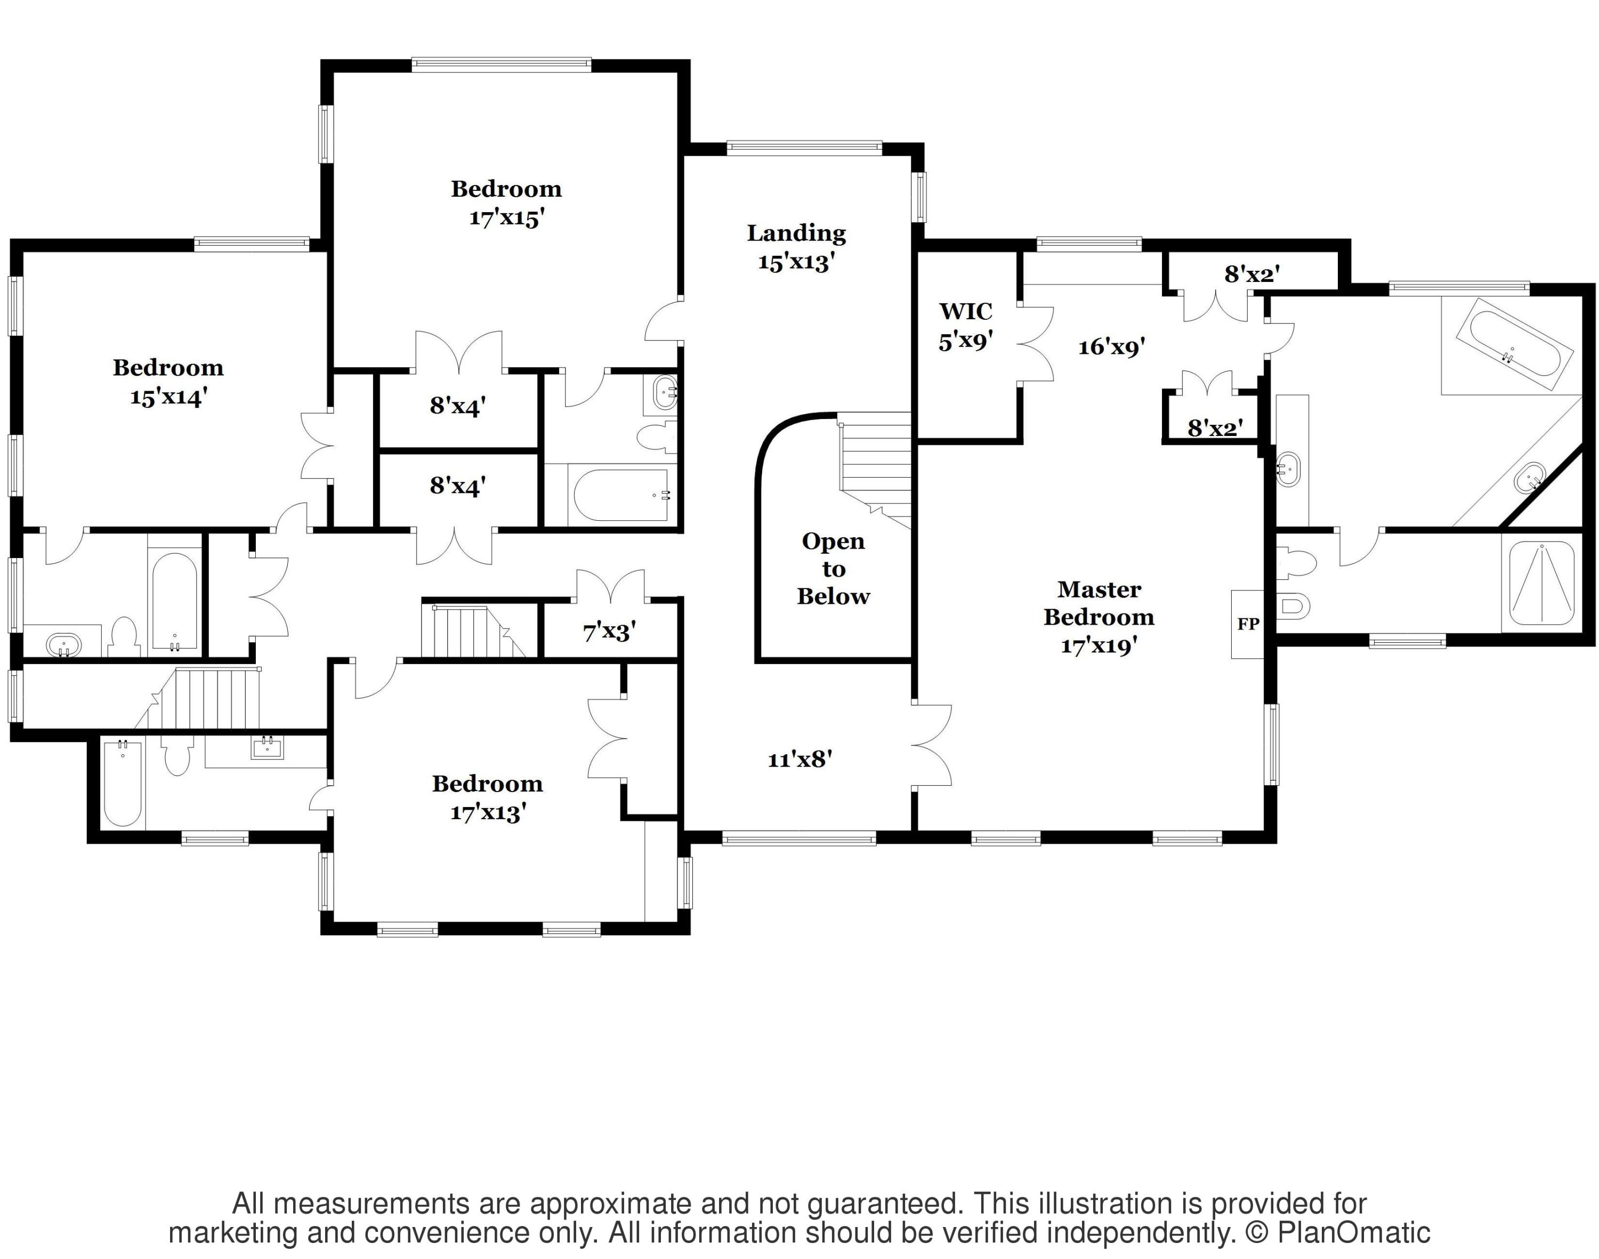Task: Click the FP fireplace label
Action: point(1247,624)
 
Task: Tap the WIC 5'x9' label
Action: point(966,326)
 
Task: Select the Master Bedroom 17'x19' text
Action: point(1099,617)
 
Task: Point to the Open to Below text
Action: point(833,568)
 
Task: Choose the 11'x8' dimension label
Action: point(800,759)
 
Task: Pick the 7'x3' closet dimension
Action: point(609,631)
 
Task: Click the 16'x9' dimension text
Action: point(1111,346)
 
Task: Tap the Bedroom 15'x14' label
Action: point(167,382)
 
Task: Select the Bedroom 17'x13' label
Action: point(487,797)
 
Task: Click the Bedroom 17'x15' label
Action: point(506,203)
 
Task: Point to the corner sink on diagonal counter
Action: point(1530,478)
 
